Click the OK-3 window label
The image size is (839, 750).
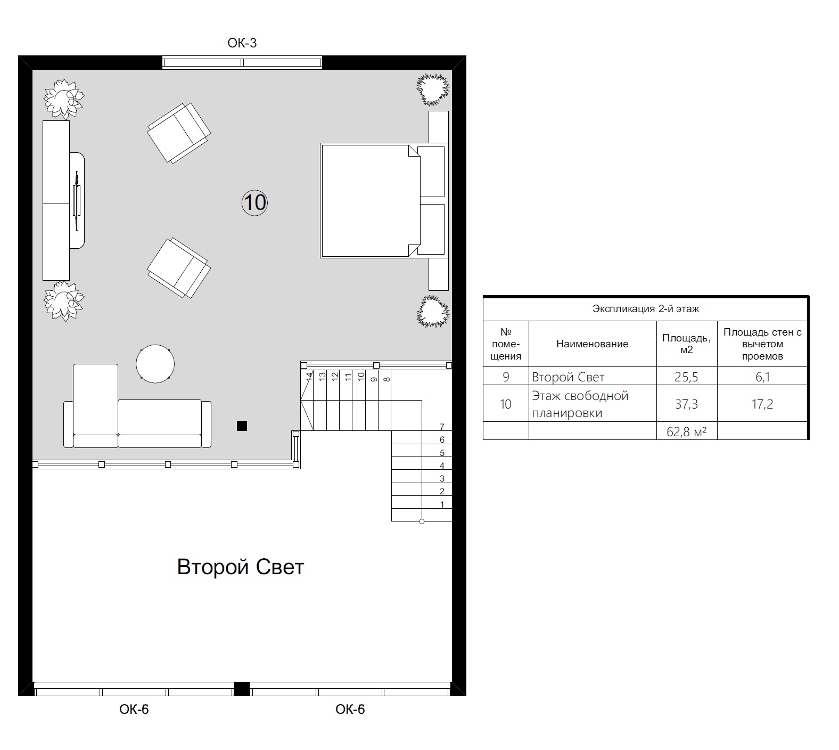point(242,43)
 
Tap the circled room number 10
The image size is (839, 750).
point(254,202)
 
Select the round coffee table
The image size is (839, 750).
point(155,364)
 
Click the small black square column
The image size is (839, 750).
point(242,425)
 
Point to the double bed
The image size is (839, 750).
point(383,200)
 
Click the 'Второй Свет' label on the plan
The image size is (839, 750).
point(240,567)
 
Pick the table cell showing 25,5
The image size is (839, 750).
point(687,377)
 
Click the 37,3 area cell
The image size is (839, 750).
point(687,404)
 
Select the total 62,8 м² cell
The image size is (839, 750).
point(687,431)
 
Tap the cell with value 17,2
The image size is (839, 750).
point(762,404)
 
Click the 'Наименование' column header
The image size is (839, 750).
point(593,344)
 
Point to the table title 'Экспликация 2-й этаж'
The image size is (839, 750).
point(646,309)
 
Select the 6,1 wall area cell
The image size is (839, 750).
point(762,377)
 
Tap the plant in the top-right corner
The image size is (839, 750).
point(433,89)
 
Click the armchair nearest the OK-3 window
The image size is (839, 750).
point(179,133)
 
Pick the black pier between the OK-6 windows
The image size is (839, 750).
point(242,689)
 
